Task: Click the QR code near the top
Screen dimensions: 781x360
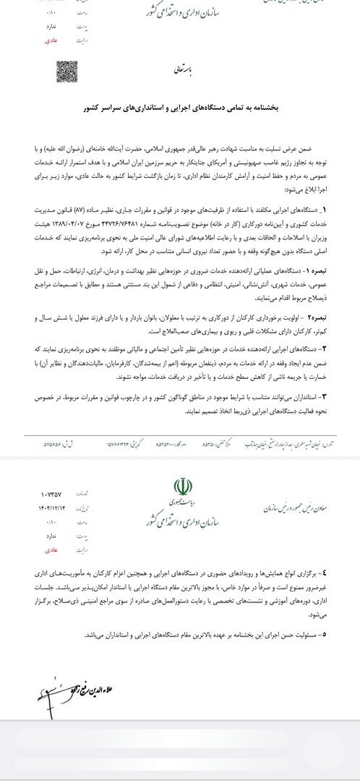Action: pos(67,71)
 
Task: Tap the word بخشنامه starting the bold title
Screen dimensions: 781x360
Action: pos(294,107)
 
